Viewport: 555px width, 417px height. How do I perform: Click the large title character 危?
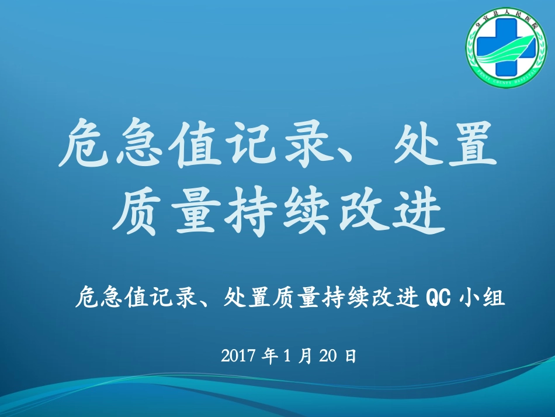[85, 143]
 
